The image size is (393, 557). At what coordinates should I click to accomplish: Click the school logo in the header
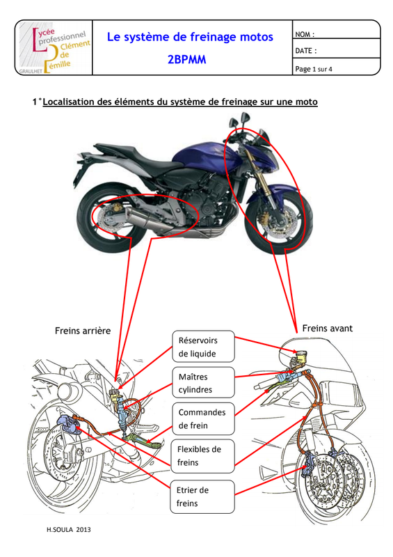pyautogui.click(x=54, y=47)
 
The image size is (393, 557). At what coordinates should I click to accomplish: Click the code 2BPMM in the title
pyautogui.click(x=186, y=59)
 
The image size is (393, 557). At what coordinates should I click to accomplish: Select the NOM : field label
pyautogui.click(x=305, y=34)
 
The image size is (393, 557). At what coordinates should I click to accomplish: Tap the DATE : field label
pyautogui.click(x=305, y=51)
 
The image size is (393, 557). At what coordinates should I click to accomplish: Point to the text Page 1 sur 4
pyautogui.click(x=314, y=69)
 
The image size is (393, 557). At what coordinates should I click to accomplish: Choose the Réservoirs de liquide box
pyautogui.click(x=203, y=347)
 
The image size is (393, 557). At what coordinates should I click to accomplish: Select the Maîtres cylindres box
pyautogui.click(x=203, y=382)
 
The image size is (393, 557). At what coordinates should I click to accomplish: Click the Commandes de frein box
pyautogui.click(x=203, y=419)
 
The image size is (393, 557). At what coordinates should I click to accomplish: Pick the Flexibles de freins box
pyautogui.click(x=202, y=456)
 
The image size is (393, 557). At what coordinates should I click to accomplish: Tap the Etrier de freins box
pyautogui.click(x=202, y=496)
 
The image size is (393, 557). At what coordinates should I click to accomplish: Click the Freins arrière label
pyautogui.click(x=83, y=331)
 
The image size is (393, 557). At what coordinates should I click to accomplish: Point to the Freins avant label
pyautogui.click(x=328, y=328)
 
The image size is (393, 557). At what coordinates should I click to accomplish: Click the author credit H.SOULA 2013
pyautogui.click(x=69, y=530)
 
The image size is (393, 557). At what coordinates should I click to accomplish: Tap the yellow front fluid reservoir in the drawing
pyautogui.click(x=301, y=356)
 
